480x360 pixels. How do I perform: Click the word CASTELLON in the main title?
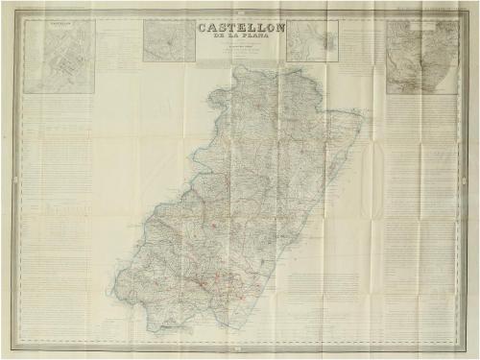pos(241,27)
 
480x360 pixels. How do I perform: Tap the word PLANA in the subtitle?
pos(257,41)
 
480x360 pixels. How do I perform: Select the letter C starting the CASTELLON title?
pos(203,27)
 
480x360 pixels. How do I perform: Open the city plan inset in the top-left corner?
pos(60,57)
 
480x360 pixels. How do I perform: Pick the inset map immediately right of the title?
pos(313,41)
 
